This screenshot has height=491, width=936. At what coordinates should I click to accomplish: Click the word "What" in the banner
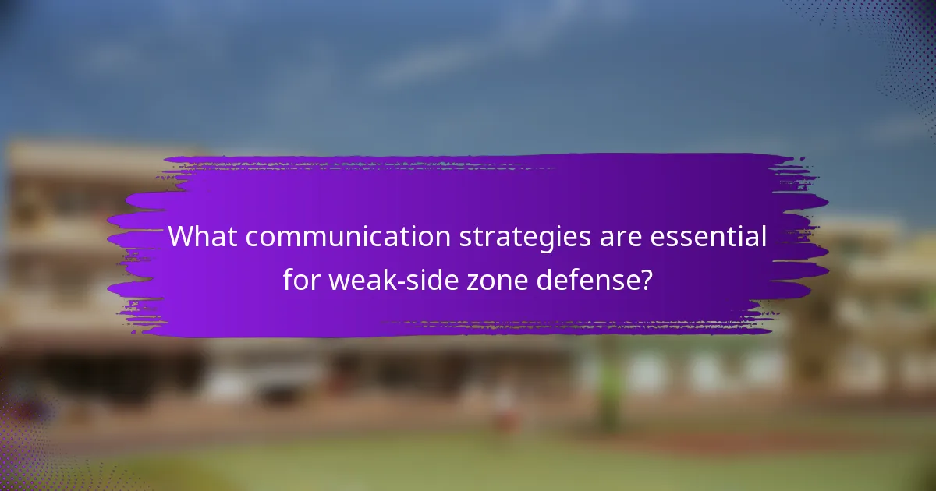click(x=191, y=238)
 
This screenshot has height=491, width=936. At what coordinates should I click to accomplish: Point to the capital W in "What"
click(x=180, y=238)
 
